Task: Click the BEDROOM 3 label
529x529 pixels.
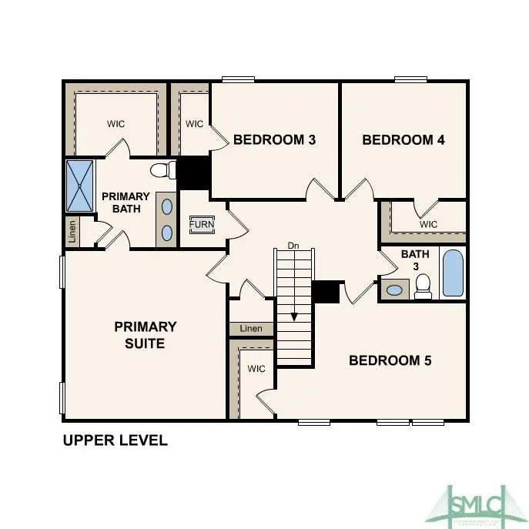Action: [274, 140]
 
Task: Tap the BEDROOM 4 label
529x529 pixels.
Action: [403, 140]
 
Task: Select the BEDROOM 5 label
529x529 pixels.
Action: [390, 360]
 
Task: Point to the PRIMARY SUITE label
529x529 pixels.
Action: [146, 335]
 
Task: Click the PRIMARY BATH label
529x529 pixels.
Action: [126, 203]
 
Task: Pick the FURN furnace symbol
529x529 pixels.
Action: [203, 225]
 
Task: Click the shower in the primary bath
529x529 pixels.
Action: [79, 185]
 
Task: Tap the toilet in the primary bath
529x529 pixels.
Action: [160, 169]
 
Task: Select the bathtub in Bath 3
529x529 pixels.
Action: [454, 273]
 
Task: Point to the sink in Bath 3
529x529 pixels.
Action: [395, 290]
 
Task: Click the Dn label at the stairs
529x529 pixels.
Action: [293, 246]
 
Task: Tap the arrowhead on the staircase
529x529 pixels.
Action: [293, 316]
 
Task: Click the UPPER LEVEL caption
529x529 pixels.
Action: [115, 441]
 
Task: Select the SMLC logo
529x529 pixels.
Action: [474, 505]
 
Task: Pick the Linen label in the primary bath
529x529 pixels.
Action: [72, 231]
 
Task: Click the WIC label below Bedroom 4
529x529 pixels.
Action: [429, 224]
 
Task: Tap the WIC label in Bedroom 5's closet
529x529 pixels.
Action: [256, 369]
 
